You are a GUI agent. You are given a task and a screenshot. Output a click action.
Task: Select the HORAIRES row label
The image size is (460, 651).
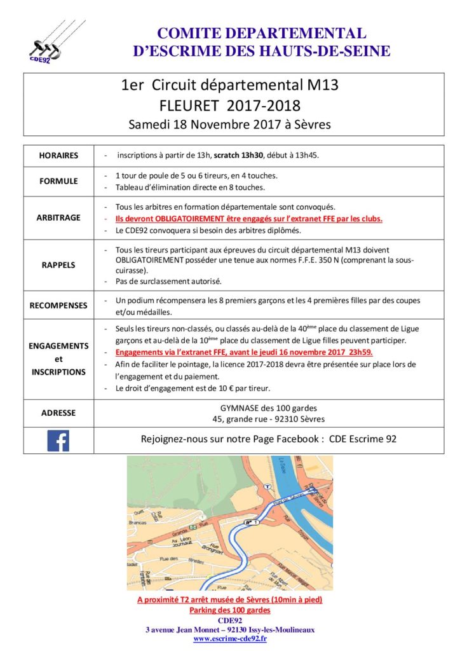point(58,156)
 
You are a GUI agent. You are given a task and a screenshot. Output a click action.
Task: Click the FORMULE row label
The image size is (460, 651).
point(58,181)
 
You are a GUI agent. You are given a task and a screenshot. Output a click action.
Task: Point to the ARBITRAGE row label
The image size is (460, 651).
point(58,217)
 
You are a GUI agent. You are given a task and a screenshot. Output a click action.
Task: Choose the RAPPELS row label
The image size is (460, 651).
point(58,265)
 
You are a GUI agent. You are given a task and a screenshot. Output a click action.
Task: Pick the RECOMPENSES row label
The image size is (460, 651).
point(58,306)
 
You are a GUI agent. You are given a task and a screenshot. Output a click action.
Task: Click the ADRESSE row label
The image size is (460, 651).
point(58,413)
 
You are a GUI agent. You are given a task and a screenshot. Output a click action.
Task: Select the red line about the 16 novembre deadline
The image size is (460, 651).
point(244,352)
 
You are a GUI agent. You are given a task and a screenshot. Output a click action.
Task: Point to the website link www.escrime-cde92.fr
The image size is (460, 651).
point(229,638)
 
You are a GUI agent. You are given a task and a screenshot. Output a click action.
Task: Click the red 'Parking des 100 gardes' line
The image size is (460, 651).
point(229,610)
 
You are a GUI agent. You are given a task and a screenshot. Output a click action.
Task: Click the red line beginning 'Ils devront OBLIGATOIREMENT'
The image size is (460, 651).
point(249,218)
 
